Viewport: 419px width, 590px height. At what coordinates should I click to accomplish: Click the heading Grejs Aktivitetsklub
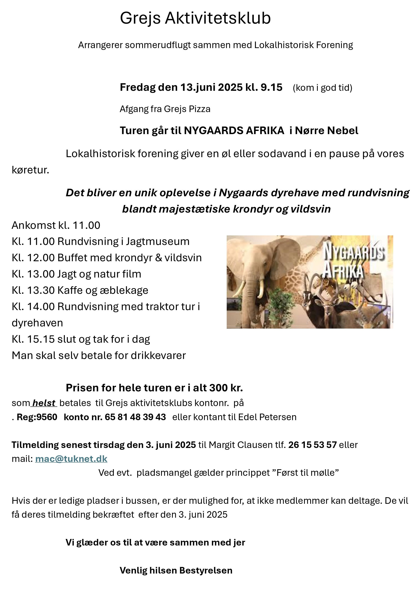[x=195, y=18]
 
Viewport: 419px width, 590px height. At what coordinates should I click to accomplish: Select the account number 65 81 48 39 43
[x=135, y=417]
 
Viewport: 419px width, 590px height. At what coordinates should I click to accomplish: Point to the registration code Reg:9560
[x=37, y=417]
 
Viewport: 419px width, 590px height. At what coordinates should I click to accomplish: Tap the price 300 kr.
[x=226, y=388]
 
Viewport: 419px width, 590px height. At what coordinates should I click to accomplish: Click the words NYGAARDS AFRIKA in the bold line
[x=234, y=131]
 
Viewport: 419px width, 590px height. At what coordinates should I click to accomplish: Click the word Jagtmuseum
[x=158, y=242]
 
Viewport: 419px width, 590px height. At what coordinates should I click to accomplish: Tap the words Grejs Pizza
[x=187, y=109]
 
